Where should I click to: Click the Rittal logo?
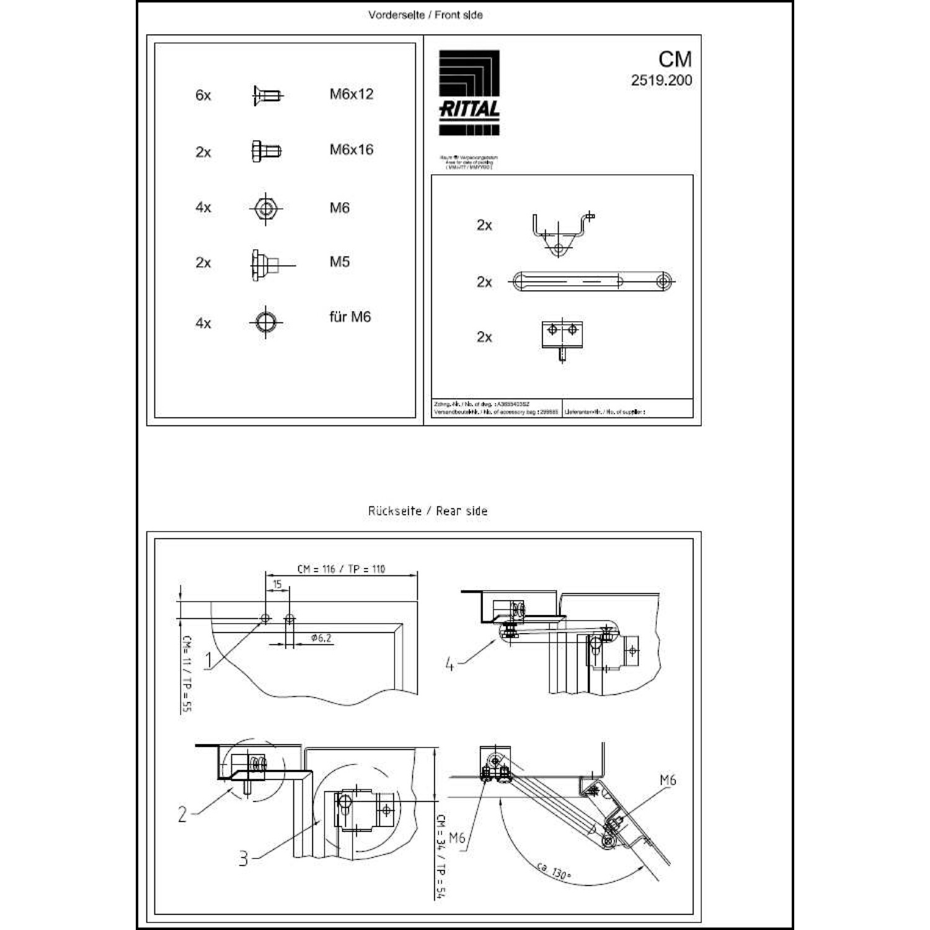click(469, 92)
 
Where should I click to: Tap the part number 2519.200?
click(662, 81)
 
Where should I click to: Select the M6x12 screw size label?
click(352, 94)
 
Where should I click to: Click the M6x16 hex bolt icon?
click(266, 151)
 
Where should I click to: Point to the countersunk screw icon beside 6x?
click(267, 95)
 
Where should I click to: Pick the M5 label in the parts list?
click(340, 262)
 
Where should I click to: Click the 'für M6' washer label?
click(350, 317)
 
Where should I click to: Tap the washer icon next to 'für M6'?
click(266, 322)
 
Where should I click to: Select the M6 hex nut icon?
click(265, 208)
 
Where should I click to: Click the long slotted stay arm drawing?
click(592, 281)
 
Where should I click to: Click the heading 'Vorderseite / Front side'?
click(425, 15)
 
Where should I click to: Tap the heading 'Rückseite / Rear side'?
click(428, 511)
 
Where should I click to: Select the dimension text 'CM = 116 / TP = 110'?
click(341, 569)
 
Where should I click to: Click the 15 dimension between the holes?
click(277, 584)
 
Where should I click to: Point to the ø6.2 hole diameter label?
click(321, 638)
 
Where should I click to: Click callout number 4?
click(449, 665)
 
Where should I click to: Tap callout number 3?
click(244, 858)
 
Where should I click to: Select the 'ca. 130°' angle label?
click(553, 871)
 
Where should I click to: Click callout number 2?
click(182, 814)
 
